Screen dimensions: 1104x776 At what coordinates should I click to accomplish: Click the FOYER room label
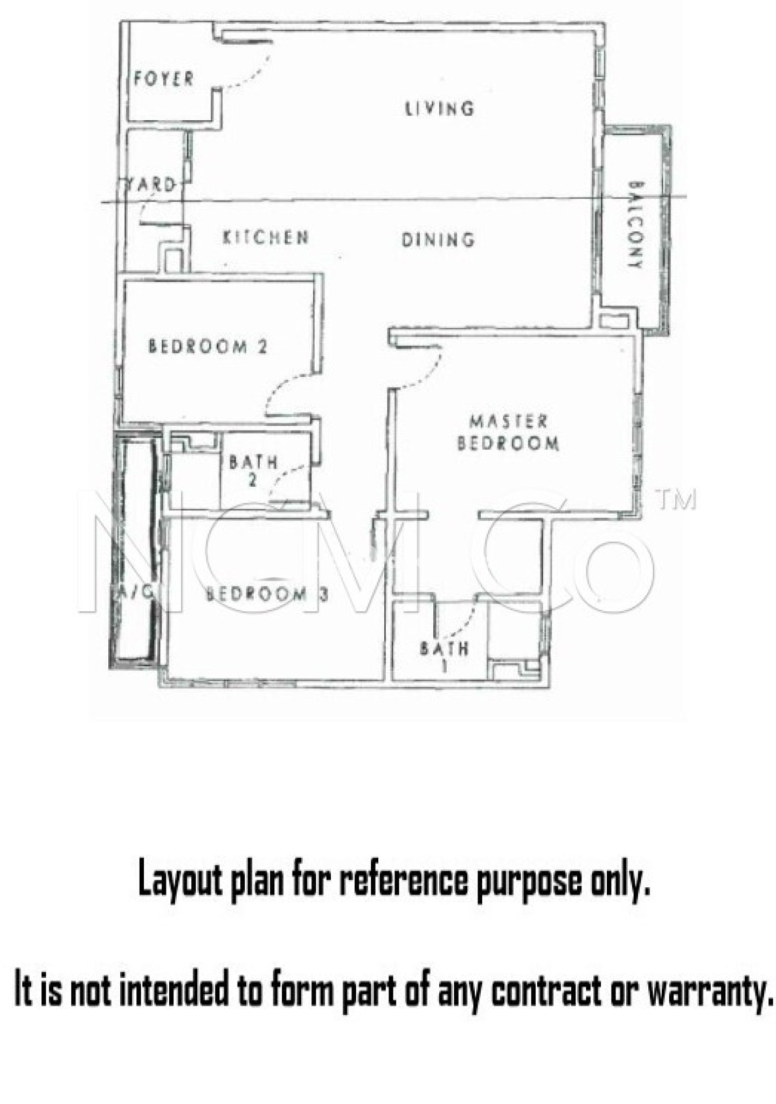163,79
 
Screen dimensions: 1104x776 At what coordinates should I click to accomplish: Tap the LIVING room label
439,109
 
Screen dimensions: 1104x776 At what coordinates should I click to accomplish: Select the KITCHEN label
266,237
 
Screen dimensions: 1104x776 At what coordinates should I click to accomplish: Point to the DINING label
438,239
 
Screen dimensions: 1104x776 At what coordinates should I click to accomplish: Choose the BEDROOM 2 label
207,346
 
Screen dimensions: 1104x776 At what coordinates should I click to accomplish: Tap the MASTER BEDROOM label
508,432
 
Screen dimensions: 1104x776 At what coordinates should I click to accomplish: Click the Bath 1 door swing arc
463,620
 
